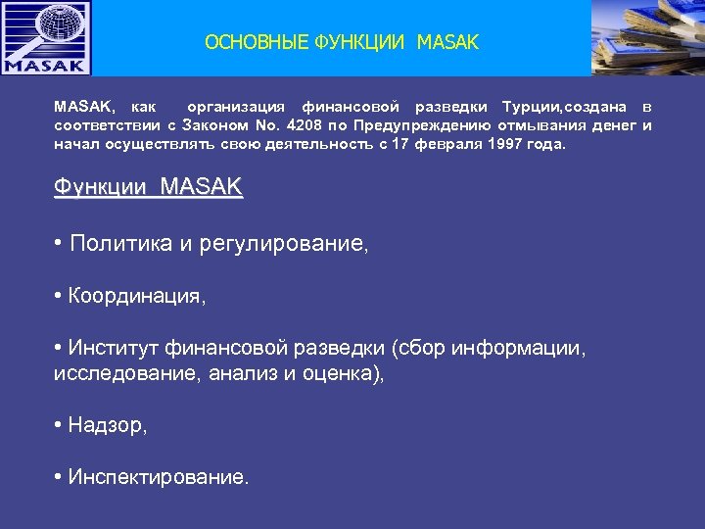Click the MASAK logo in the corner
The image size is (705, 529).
coord(46,38)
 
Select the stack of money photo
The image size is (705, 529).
coord(648,38)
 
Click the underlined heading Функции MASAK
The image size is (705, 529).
coord(148,186)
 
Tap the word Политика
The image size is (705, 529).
coord(120,244)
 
